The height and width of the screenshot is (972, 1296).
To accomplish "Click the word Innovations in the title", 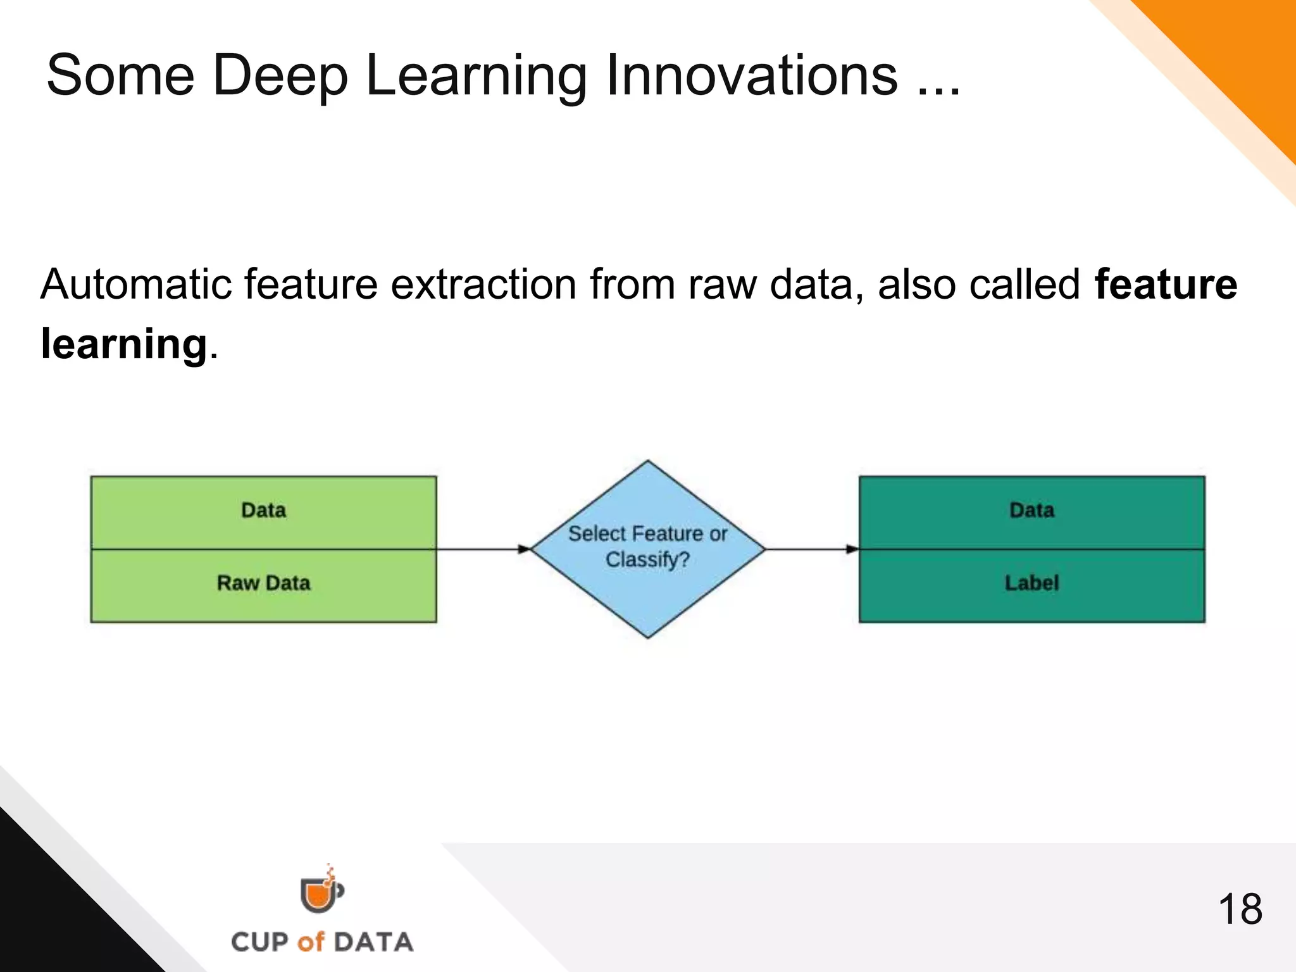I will coord(751,76).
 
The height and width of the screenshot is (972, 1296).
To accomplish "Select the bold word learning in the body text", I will coord(124,344).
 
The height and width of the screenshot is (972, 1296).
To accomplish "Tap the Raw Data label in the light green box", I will coord(263,583).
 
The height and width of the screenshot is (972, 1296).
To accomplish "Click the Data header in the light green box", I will coord(263,510).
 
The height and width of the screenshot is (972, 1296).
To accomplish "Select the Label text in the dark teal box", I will coord(1031,583).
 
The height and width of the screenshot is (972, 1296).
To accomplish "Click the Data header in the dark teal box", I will coord(1031,510).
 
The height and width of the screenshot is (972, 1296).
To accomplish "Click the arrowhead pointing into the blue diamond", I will coord(524,549).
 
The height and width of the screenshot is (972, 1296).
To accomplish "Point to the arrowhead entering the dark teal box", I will coord(852,549).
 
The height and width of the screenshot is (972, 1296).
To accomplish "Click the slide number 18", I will coord(1239,909).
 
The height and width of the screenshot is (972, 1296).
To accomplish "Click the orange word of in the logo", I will coord(310,942).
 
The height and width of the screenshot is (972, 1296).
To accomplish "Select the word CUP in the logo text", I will coord(260,942).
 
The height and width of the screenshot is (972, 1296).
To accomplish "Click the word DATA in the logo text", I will coord(373,942).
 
